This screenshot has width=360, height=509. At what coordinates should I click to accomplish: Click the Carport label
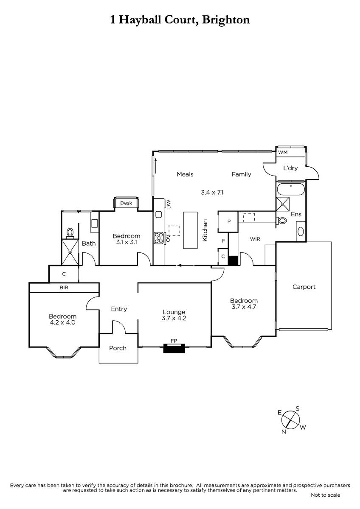tap(304, 287)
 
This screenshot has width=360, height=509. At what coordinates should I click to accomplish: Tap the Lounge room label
tap(174, 312)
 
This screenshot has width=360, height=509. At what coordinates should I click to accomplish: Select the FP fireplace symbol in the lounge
tap(174, 348)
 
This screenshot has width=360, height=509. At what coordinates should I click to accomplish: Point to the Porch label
tap(118, 348)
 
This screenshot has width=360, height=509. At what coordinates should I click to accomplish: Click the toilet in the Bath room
tap(70, 233)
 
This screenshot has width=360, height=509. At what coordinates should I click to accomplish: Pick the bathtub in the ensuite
tap(291, 189)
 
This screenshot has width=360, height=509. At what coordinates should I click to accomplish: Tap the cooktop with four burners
tap(159, 238)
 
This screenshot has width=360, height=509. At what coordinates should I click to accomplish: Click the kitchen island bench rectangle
tap(190, 230)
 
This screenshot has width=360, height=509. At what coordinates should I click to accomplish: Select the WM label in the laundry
tap(283, 152)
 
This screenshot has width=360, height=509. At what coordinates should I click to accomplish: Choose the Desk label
tap(126, 203)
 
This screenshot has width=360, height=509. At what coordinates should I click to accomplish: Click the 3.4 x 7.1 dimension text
tap(212, 193)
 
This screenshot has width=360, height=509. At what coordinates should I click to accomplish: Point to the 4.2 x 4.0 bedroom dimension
tap(62, 322)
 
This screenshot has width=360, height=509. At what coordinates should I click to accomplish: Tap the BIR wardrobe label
tap(64, 288)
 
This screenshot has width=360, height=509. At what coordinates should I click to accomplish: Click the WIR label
tap(255, 239)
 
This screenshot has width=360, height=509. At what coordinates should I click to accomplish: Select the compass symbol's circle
tap(291, 420)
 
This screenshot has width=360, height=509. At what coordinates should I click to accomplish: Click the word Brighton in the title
tap(226, 20)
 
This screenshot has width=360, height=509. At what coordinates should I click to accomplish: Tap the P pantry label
tap(229, 221)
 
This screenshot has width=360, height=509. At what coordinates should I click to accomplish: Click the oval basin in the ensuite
tap(301, 232)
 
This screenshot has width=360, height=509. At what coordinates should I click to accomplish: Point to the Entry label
tap(119, 309)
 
